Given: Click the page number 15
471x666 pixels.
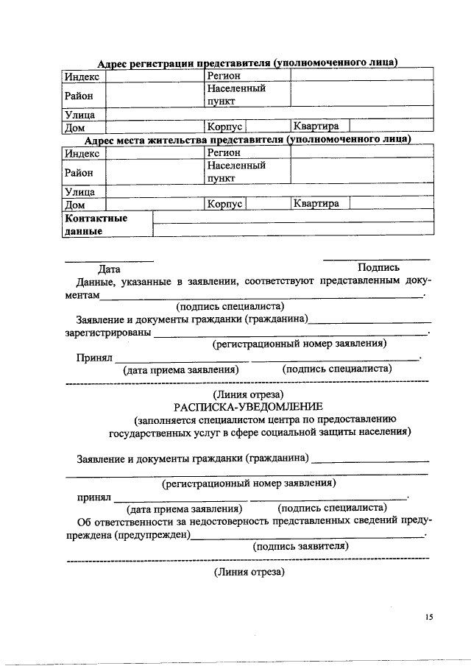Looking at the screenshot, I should click(x=429, y=617).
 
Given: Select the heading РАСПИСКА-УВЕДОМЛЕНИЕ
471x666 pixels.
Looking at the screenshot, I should click(x=248, y=407).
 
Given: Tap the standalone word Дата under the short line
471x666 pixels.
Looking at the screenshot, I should click(x=110, y=269).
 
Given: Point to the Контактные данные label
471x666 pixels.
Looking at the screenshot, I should click(x=96, y=224).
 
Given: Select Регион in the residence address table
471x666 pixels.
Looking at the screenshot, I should click(x=224, y=152).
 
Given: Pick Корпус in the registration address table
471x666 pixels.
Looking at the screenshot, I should click(x=224, y=127).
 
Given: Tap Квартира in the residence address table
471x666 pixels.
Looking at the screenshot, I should click(x=316, y=203).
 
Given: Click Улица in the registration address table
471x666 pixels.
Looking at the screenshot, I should click(x=79, y=115).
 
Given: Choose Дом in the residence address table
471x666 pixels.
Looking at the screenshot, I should click(x=75, y=204).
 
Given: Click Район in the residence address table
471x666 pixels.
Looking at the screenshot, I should click(x=79, y=172).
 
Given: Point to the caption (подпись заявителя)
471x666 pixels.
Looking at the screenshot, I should click(x=300, y=546).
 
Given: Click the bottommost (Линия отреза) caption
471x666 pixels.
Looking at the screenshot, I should click(x=248, y=572).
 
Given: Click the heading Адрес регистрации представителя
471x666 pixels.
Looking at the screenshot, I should click(x=248, y=63).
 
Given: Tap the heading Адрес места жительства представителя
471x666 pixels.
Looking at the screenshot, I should click(x=247, y=140).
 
